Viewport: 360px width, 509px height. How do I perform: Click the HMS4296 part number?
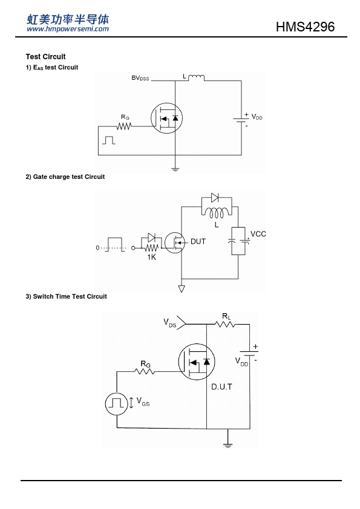click(x=305, y=27)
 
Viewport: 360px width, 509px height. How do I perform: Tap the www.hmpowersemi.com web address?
click(x=68, y=29)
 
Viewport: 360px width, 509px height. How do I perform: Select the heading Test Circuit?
click(x=45, y=57)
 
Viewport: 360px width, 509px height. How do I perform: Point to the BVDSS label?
click(x=140, y=78)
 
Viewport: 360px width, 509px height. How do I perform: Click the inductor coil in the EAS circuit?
click(x=197, y=77)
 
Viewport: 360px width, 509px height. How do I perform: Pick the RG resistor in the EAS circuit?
click(x=124, y=126)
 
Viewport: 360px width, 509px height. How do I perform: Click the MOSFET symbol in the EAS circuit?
click(x=166, y=118)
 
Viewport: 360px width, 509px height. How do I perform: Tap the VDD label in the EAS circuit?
click(x=257, y=117)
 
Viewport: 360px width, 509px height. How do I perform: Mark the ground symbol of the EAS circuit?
click(x=175, y=169)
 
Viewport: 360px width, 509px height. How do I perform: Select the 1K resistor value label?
click(x=151, y=257)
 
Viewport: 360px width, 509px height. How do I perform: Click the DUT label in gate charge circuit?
click(x=198, y=242)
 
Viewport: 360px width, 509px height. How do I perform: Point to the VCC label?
click(x=258, y=234)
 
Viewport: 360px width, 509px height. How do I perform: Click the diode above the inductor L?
click(x=215, y=197)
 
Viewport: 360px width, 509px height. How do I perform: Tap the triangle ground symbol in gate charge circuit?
click(x=182, y=288)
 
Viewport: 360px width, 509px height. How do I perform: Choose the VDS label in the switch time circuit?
click(x=169, y=323)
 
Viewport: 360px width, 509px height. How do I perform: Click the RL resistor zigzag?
click(x=225, y=324)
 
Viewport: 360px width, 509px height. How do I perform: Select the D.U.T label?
click(x=221, y=387)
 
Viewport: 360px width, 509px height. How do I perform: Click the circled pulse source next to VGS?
click(x=116, y=404)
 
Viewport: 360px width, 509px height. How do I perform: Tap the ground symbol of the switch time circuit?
click(x=227, y=445)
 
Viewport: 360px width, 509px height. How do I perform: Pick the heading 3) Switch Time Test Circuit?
click(x=67, y=296)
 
